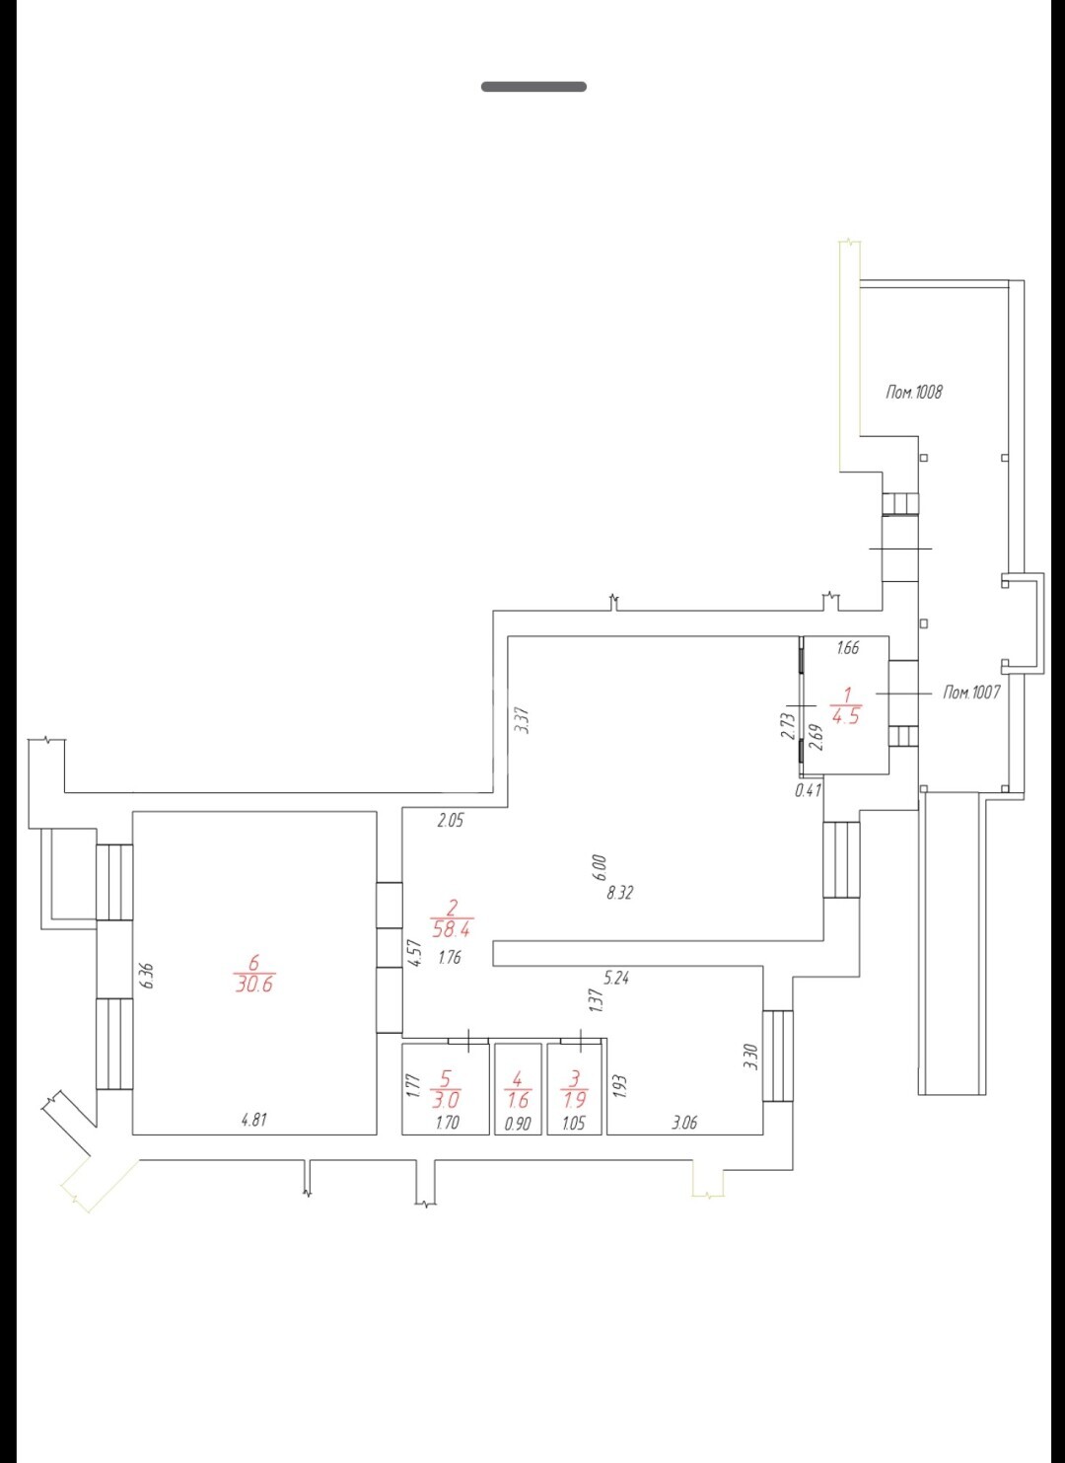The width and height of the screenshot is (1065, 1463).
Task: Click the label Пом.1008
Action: tap(914, 392)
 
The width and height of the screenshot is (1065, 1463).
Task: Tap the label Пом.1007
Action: tap(971, 692)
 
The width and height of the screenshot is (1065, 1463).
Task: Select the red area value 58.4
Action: tap(454, 928)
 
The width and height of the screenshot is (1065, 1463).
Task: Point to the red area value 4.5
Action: tap(846, 716)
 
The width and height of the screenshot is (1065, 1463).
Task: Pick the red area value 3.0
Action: tap(446, 1100)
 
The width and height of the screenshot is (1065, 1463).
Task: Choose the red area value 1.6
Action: tap(518, 1100)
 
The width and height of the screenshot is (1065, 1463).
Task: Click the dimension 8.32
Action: tap(619, 893)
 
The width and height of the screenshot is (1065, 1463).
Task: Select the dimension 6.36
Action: tap(149, 975)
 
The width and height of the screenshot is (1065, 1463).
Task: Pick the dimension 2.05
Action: tap(451, 821)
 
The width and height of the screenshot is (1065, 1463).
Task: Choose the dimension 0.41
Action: tap(808, 790)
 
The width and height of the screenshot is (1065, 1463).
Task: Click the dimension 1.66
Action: tap(847, 648)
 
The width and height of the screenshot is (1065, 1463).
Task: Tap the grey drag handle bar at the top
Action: tap(533, 86)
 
